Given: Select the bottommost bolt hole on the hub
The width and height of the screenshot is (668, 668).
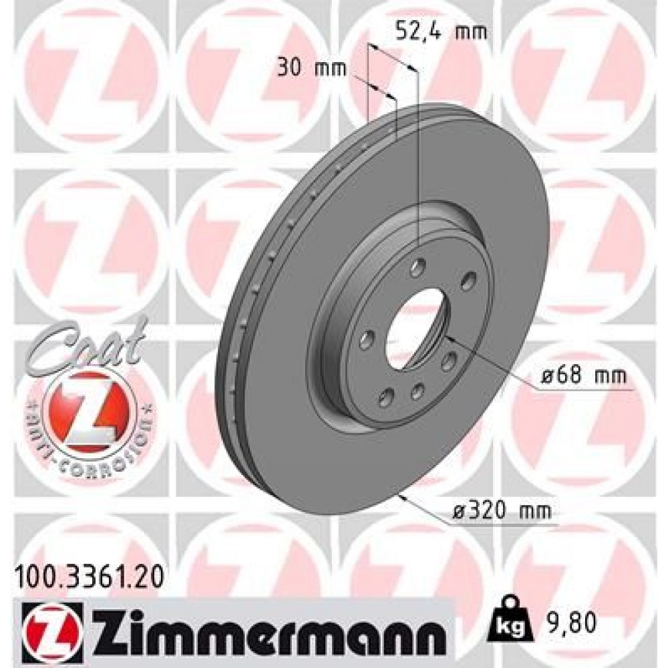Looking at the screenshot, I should [x=386, y=399].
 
